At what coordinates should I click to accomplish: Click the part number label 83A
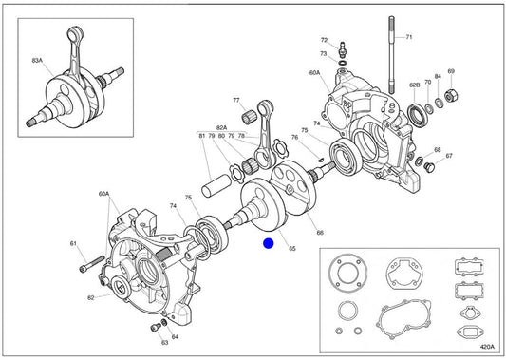[37, 60]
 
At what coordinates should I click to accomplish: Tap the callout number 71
[409, 37]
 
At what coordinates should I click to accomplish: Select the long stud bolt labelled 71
[392, 54]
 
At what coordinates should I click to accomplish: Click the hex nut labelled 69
[450, 95]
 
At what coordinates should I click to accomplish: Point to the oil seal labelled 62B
[419, 113]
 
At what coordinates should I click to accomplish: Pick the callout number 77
[236, 101]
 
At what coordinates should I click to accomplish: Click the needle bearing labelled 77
[249, 116]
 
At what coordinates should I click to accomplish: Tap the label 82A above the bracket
[221, 128]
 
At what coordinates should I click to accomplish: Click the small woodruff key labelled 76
[320, 159]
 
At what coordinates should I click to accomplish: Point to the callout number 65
[291, 248]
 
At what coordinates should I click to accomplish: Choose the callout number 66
[320, 233]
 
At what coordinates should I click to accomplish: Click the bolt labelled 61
[92, 263]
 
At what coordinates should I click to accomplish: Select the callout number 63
[164, 343]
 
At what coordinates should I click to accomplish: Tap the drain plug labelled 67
[429, 167]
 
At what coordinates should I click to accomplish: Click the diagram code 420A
[487, 347]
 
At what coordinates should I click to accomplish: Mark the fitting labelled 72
[342, 49]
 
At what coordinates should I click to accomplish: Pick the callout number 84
[438, 77]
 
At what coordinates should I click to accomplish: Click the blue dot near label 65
[268, 243]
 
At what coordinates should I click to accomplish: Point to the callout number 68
[438, 150]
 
